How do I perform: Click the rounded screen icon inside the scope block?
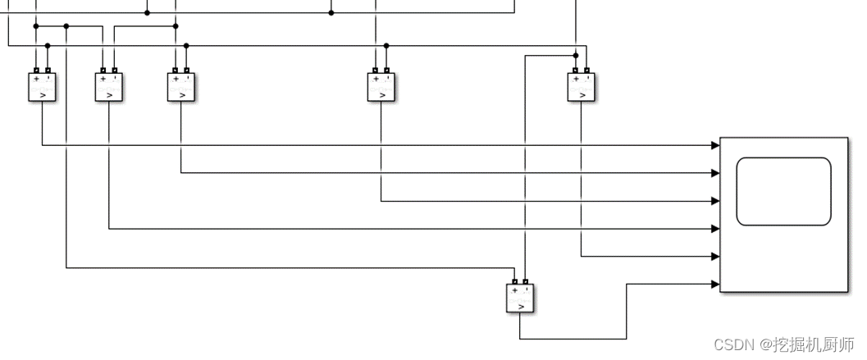point(783,191)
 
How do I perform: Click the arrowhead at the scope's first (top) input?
point(716,145)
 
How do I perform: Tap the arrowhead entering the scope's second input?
point(716,173)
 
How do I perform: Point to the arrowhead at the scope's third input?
point(716,201)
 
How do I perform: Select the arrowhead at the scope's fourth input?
point(716,229)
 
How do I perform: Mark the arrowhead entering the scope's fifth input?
point(716,257)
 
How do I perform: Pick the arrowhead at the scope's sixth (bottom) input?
point(716,285)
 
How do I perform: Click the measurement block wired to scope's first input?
point(42,86)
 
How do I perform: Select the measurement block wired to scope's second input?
point(181,86)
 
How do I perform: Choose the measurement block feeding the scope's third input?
point(381,86)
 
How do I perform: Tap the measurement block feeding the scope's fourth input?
point(109,86)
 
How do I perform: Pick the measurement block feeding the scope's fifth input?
point(582,86)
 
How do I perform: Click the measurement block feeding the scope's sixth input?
point(520,298)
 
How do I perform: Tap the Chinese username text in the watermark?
point(814,344)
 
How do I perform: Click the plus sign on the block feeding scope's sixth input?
point(514,290)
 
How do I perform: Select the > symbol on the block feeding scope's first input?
point(42,95)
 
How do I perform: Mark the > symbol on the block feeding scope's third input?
point(381,95)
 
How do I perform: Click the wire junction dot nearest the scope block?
point(576,55)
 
